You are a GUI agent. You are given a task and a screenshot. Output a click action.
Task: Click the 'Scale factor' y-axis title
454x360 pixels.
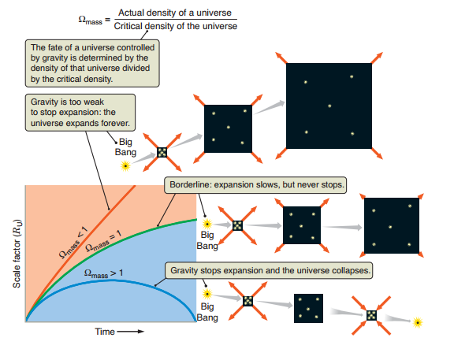point(16,257)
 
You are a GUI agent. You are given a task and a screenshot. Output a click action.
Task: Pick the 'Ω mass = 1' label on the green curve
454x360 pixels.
point(106,238)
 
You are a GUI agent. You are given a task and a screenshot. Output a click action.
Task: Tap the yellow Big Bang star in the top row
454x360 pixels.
point(125,165)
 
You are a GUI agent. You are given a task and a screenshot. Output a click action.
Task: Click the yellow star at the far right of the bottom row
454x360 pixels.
point(419,321)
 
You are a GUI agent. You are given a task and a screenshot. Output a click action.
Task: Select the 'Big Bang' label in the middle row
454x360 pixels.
point(208,240)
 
